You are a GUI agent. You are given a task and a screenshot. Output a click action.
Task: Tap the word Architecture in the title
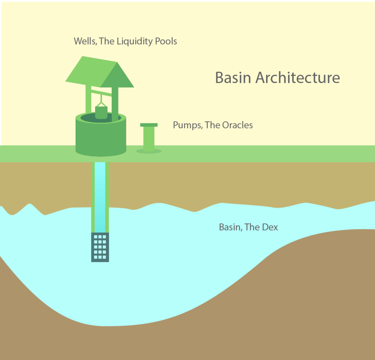tap(298, 78)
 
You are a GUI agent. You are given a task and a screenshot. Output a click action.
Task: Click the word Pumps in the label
tap(187, 125)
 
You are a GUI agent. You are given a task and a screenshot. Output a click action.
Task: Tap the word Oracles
tap(237, 125)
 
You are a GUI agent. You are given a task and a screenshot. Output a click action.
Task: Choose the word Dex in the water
tap(270, 227)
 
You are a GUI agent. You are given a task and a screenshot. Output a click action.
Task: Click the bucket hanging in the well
tap(101, 112)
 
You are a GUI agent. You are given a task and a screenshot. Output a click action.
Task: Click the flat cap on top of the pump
tap(149, 125)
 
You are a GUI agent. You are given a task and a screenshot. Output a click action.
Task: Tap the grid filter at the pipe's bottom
tap(100, 247)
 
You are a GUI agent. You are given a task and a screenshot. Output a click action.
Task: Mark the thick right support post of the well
tap(115, 103)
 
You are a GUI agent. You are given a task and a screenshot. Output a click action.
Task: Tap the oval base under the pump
tap(149, 151)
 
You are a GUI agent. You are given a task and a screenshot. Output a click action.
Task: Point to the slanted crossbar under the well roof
tap(101, 92)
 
